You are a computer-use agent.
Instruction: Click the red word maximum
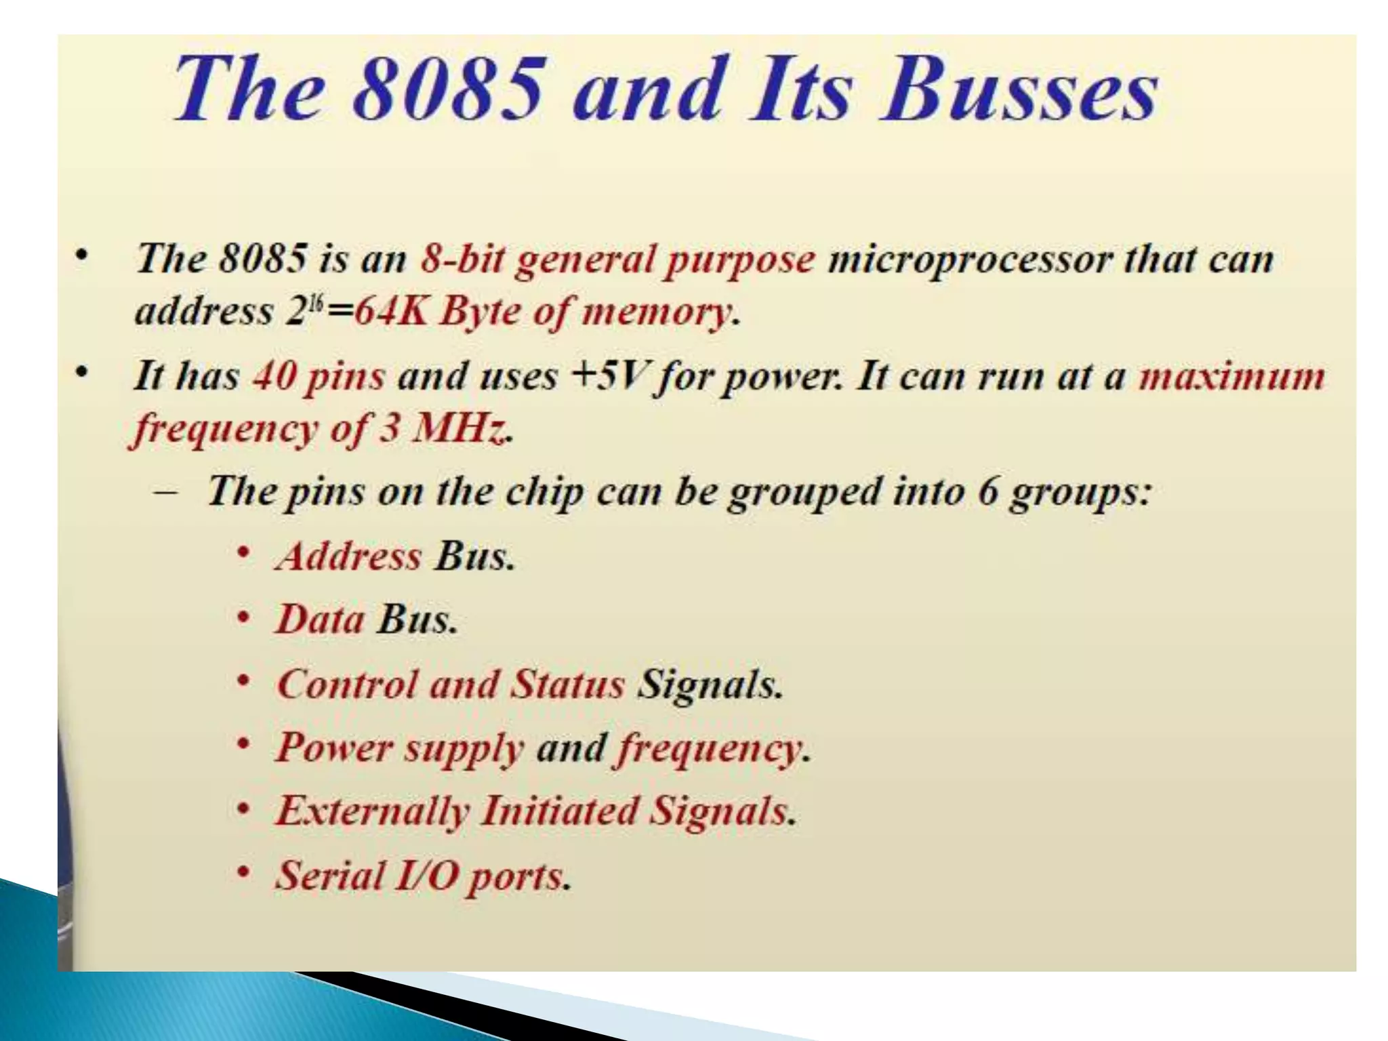1231,376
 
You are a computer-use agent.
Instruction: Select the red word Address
349,556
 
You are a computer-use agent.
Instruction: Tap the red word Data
319,619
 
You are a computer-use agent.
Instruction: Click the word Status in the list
566,683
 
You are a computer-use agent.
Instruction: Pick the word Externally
372,811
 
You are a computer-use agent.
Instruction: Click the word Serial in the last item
330,875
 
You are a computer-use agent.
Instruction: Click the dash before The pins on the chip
167,491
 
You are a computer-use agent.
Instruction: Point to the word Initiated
559,811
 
